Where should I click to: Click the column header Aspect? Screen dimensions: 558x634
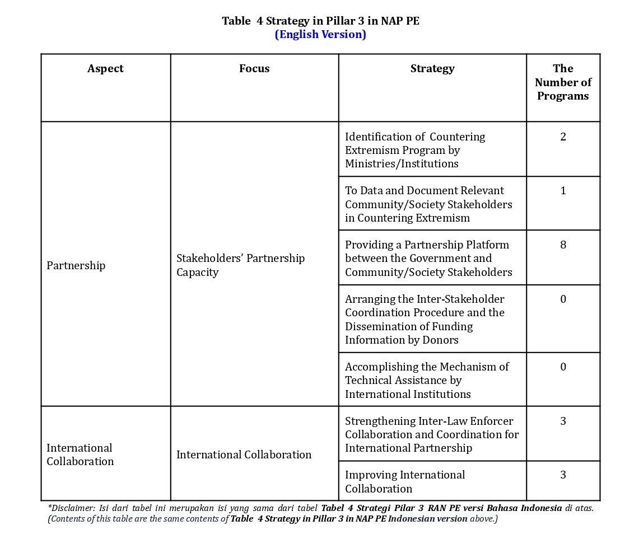pos(105,69)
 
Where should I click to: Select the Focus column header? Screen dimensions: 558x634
pos(254,69)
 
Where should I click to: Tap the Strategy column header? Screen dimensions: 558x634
pos(432,69)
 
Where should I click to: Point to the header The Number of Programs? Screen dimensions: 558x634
pos(563,82)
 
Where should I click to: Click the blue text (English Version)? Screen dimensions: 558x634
pos(320,35)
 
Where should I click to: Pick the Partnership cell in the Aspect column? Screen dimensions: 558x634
pos(76,265)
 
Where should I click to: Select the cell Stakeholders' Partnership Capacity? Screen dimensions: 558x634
pos(240,265)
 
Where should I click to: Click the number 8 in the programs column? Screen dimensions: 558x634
pos(563,245)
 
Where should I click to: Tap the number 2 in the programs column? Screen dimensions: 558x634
pos(563,137)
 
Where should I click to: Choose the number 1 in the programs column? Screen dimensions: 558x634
pos(563,191)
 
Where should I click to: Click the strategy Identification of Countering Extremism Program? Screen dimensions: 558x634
pos(415,150)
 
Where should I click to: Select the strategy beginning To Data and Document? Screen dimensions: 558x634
pos(428,204)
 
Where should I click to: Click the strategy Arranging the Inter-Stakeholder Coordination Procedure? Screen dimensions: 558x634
pos(425,319)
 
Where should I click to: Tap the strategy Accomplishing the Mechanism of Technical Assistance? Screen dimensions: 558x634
pos(427,380)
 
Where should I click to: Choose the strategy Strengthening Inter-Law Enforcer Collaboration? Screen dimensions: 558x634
pos(432,434)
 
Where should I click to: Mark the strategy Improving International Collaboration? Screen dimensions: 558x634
pos(405,481)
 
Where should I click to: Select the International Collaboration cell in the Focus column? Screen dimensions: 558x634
pos(244,454)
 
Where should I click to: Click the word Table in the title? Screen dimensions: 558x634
pos(236,21)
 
